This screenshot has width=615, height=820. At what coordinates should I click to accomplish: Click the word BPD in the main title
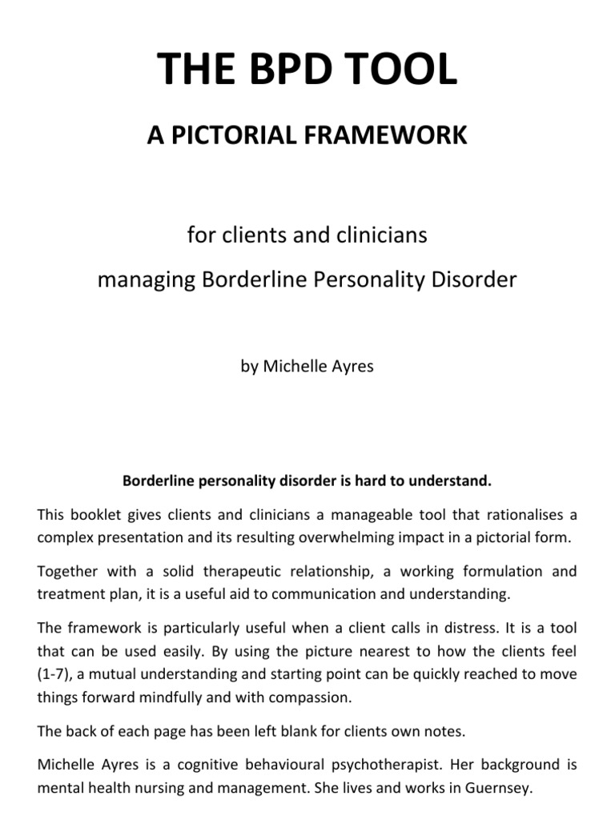[307, 69]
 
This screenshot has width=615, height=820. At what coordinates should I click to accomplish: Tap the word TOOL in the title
[408, 69]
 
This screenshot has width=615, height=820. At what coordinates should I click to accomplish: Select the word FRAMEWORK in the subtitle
[387, 135]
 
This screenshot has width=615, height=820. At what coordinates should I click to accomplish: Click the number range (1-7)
[54, 673]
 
